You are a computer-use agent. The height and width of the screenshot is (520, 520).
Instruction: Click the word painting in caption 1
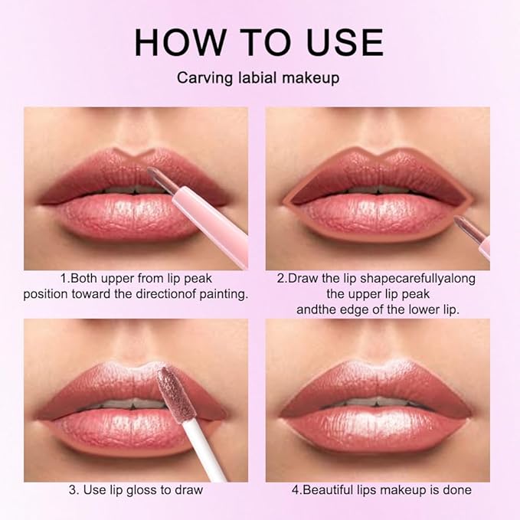222,294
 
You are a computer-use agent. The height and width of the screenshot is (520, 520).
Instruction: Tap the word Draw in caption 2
302,278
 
